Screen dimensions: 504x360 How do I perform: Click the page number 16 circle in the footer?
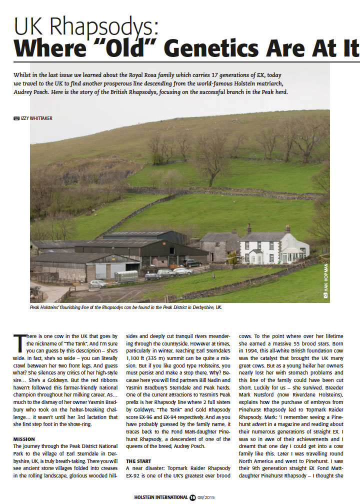[192, 497]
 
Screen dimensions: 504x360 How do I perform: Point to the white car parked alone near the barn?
[98, 283]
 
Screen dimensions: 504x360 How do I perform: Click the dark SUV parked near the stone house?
[192, 262]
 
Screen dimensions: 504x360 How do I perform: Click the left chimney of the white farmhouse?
[249, 228]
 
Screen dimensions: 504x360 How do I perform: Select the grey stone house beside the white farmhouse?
[220, 245]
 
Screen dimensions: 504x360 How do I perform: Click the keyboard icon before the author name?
[17, 118]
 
